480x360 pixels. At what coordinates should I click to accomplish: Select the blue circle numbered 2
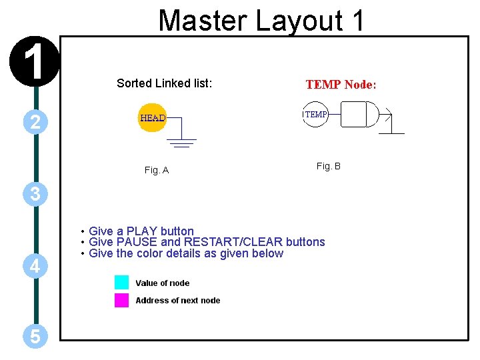[34, 121]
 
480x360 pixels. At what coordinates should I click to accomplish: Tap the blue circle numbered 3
[34, 194]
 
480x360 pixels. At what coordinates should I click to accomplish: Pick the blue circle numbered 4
[34, 267]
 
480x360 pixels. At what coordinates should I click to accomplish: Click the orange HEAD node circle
[152, 118]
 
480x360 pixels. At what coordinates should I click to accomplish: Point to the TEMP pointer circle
[315, 115]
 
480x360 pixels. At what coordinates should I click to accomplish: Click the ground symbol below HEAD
[180, 142]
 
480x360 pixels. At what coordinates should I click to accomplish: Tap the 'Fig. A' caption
[157, 171]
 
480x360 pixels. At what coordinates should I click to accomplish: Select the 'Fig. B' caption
[328, 166]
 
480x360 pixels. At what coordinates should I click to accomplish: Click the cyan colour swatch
[121, 283]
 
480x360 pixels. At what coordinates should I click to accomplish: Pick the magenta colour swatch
[121, 300]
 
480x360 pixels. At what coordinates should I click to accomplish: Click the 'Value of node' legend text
[162, 283]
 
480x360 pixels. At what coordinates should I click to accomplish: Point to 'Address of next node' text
[177, 301]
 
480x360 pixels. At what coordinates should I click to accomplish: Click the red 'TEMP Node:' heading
[341, 85]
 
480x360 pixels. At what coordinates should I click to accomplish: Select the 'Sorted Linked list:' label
[164, 83]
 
